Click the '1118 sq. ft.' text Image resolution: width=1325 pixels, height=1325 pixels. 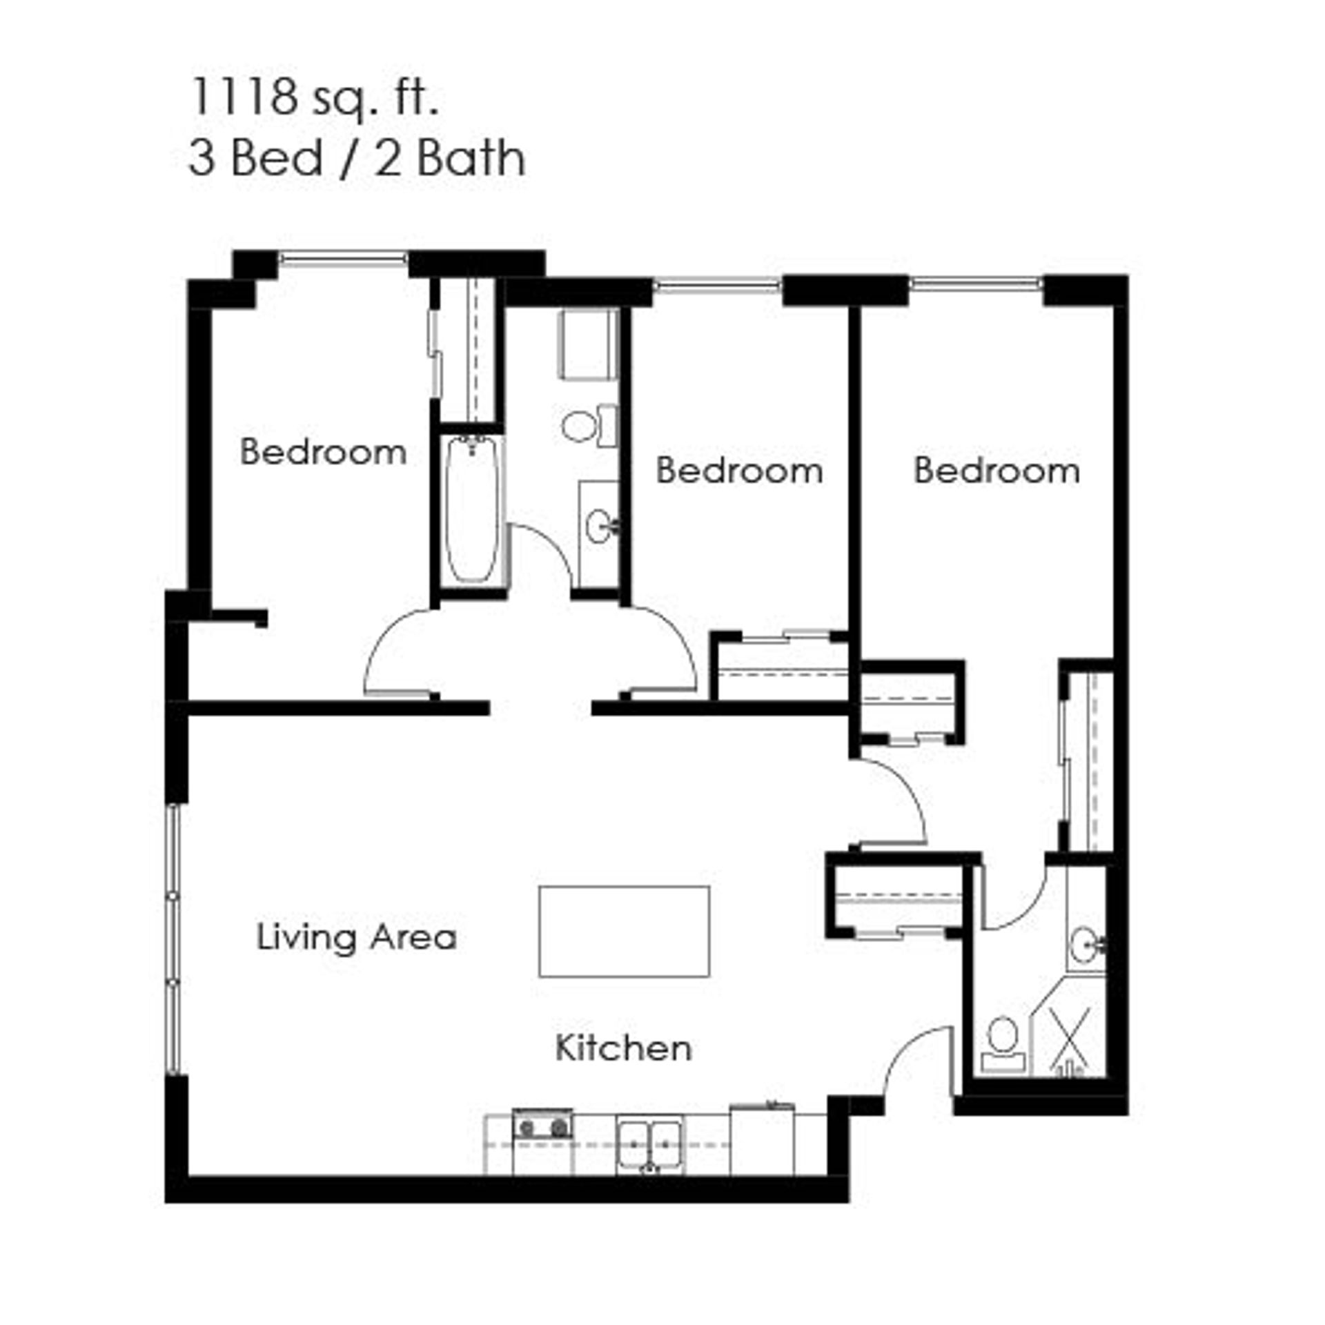point(314,98)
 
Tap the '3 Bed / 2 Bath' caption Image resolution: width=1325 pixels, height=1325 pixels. point(357,159)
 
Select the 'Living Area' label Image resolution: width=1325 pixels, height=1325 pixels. point(356,938)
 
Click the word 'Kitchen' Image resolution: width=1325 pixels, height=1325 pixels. point(623,1048)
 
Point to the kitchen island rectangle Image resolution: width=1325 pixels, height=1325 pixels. point(624,932)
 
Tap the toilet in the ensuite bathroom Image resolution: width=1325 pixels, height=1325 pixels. point(1003,1043)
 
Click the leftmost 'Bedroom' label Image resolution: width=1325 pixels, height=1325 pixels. point(323,452)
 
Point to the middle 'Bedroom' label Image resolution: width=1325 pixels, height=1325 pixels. point(739,471)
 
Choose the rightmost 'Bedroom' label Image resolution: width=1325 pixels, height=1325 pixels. point(997,471)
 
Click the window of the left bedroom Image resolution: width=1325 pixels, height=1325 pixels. point(343,259)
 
